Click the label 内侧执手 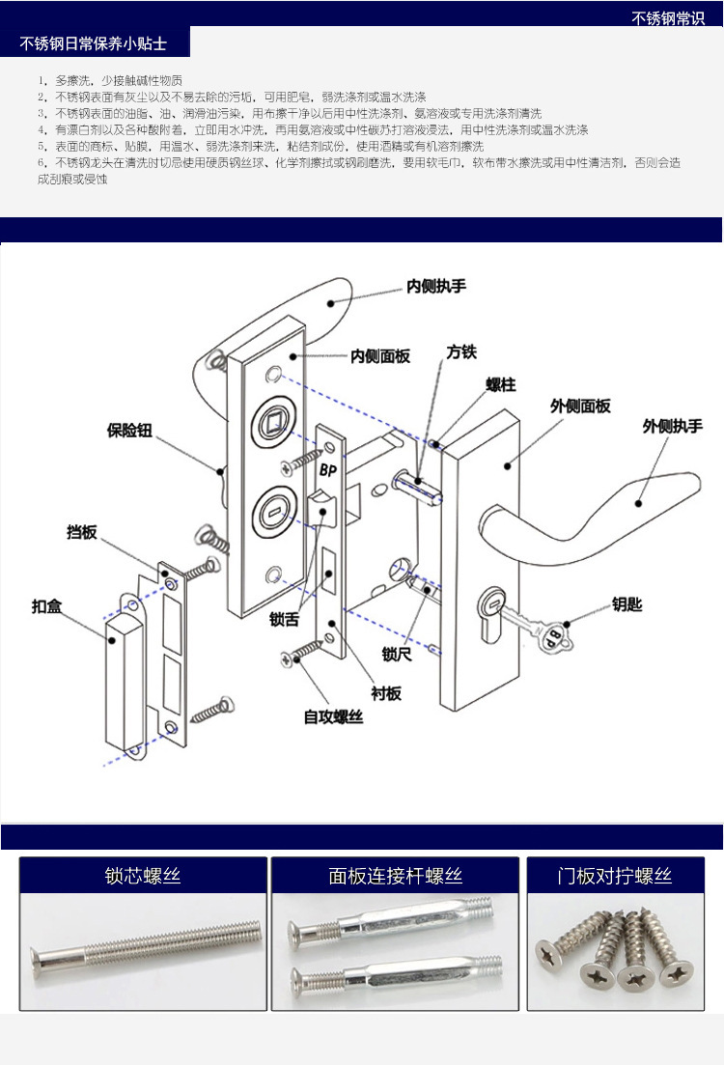435,287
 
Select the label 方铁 461,352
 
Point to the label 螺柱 500,384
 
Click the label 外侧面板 580,406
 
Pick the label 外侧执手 673,426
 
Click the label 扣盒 47,607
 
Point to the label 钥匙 627,605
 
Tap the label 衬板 386,693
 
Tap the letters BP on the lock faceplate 326,470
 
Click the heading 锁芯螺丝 143,877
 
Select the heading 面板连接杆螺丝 395,877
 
